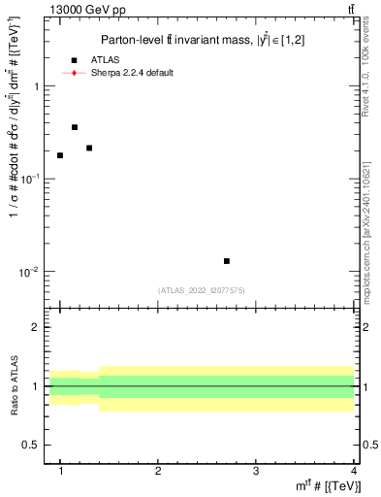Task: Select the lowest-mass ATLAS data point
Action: (x=60, y=155)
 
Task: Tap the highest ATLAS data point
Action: (x=75, y=127)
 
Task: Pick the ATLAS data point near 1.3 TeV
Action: (x=89, y=148)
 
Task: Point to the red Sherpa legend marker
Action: (x=74, y=73)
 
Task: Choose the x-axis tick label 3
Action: (x=256, y=471)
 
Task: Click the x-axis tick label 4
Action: (x=353, y=471)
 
